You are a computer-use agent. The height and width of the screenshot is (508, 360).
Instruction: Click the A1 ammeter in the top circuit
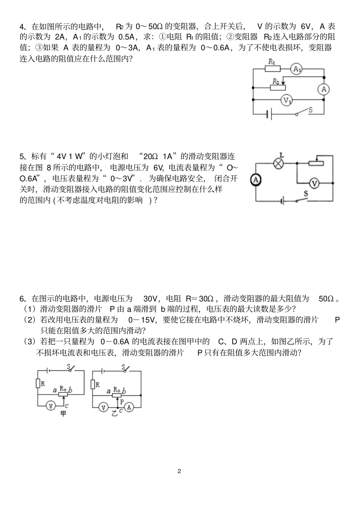[297, 69]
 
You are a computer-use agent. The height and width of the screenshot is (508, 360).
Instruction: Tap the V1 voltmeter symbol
[287, 100]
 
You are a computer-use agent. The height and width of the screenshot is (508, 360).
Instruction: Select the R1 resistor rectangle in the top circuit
[272, 69]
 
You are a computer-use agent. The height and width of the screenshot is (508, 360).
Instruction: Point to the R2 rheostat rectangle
[278, 88]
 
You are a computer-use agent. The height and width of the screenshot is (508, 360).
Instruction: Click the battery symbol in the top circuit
[269, 114]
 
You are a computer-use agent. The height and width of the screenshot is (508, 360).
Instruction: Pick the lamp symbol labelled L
[279, 163]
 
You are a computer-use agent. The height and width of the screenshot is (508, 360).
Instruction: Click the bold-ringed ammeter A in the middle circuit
[256, 180]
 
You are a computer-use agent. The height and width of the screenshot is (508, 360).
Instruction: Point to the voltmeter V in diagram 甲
[50, 406]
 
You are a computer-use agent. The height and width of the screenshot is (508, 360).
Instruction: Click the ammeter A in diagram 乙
[130, 407]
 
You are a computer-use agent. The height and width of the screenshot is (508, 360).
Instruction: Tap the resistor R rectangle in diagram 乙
[93, 384]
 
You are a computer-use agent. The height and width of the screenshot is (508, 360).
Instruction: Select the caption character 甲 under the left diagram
[63, 414]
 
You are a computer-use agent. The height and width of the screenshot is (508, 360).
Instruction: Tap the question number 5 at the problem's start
[22, 156]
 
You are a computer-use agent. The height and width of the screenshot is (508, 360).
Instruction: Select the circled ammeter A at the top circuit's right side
[323, 89]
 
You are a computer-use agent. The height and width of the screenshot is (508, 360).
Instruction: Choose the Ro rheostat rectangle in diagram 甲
[64, 395]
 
